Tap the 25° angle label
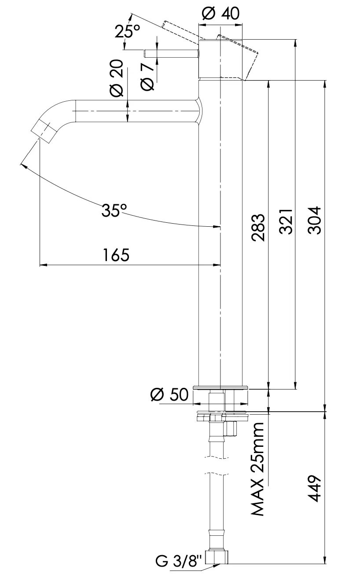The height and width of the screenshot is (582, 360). (127, 32)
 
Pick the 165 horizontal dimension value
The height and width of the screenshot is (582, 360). (117, 255)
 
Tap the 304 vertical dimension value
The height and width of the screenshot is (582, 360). (315, 221)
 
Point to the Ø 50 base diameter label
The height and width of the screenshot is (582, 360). (169, 394)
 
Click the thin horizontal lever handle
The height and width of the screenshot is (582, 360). (172, 53)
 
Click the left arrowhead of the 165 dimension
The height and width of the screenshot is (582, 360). (42, 265)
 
